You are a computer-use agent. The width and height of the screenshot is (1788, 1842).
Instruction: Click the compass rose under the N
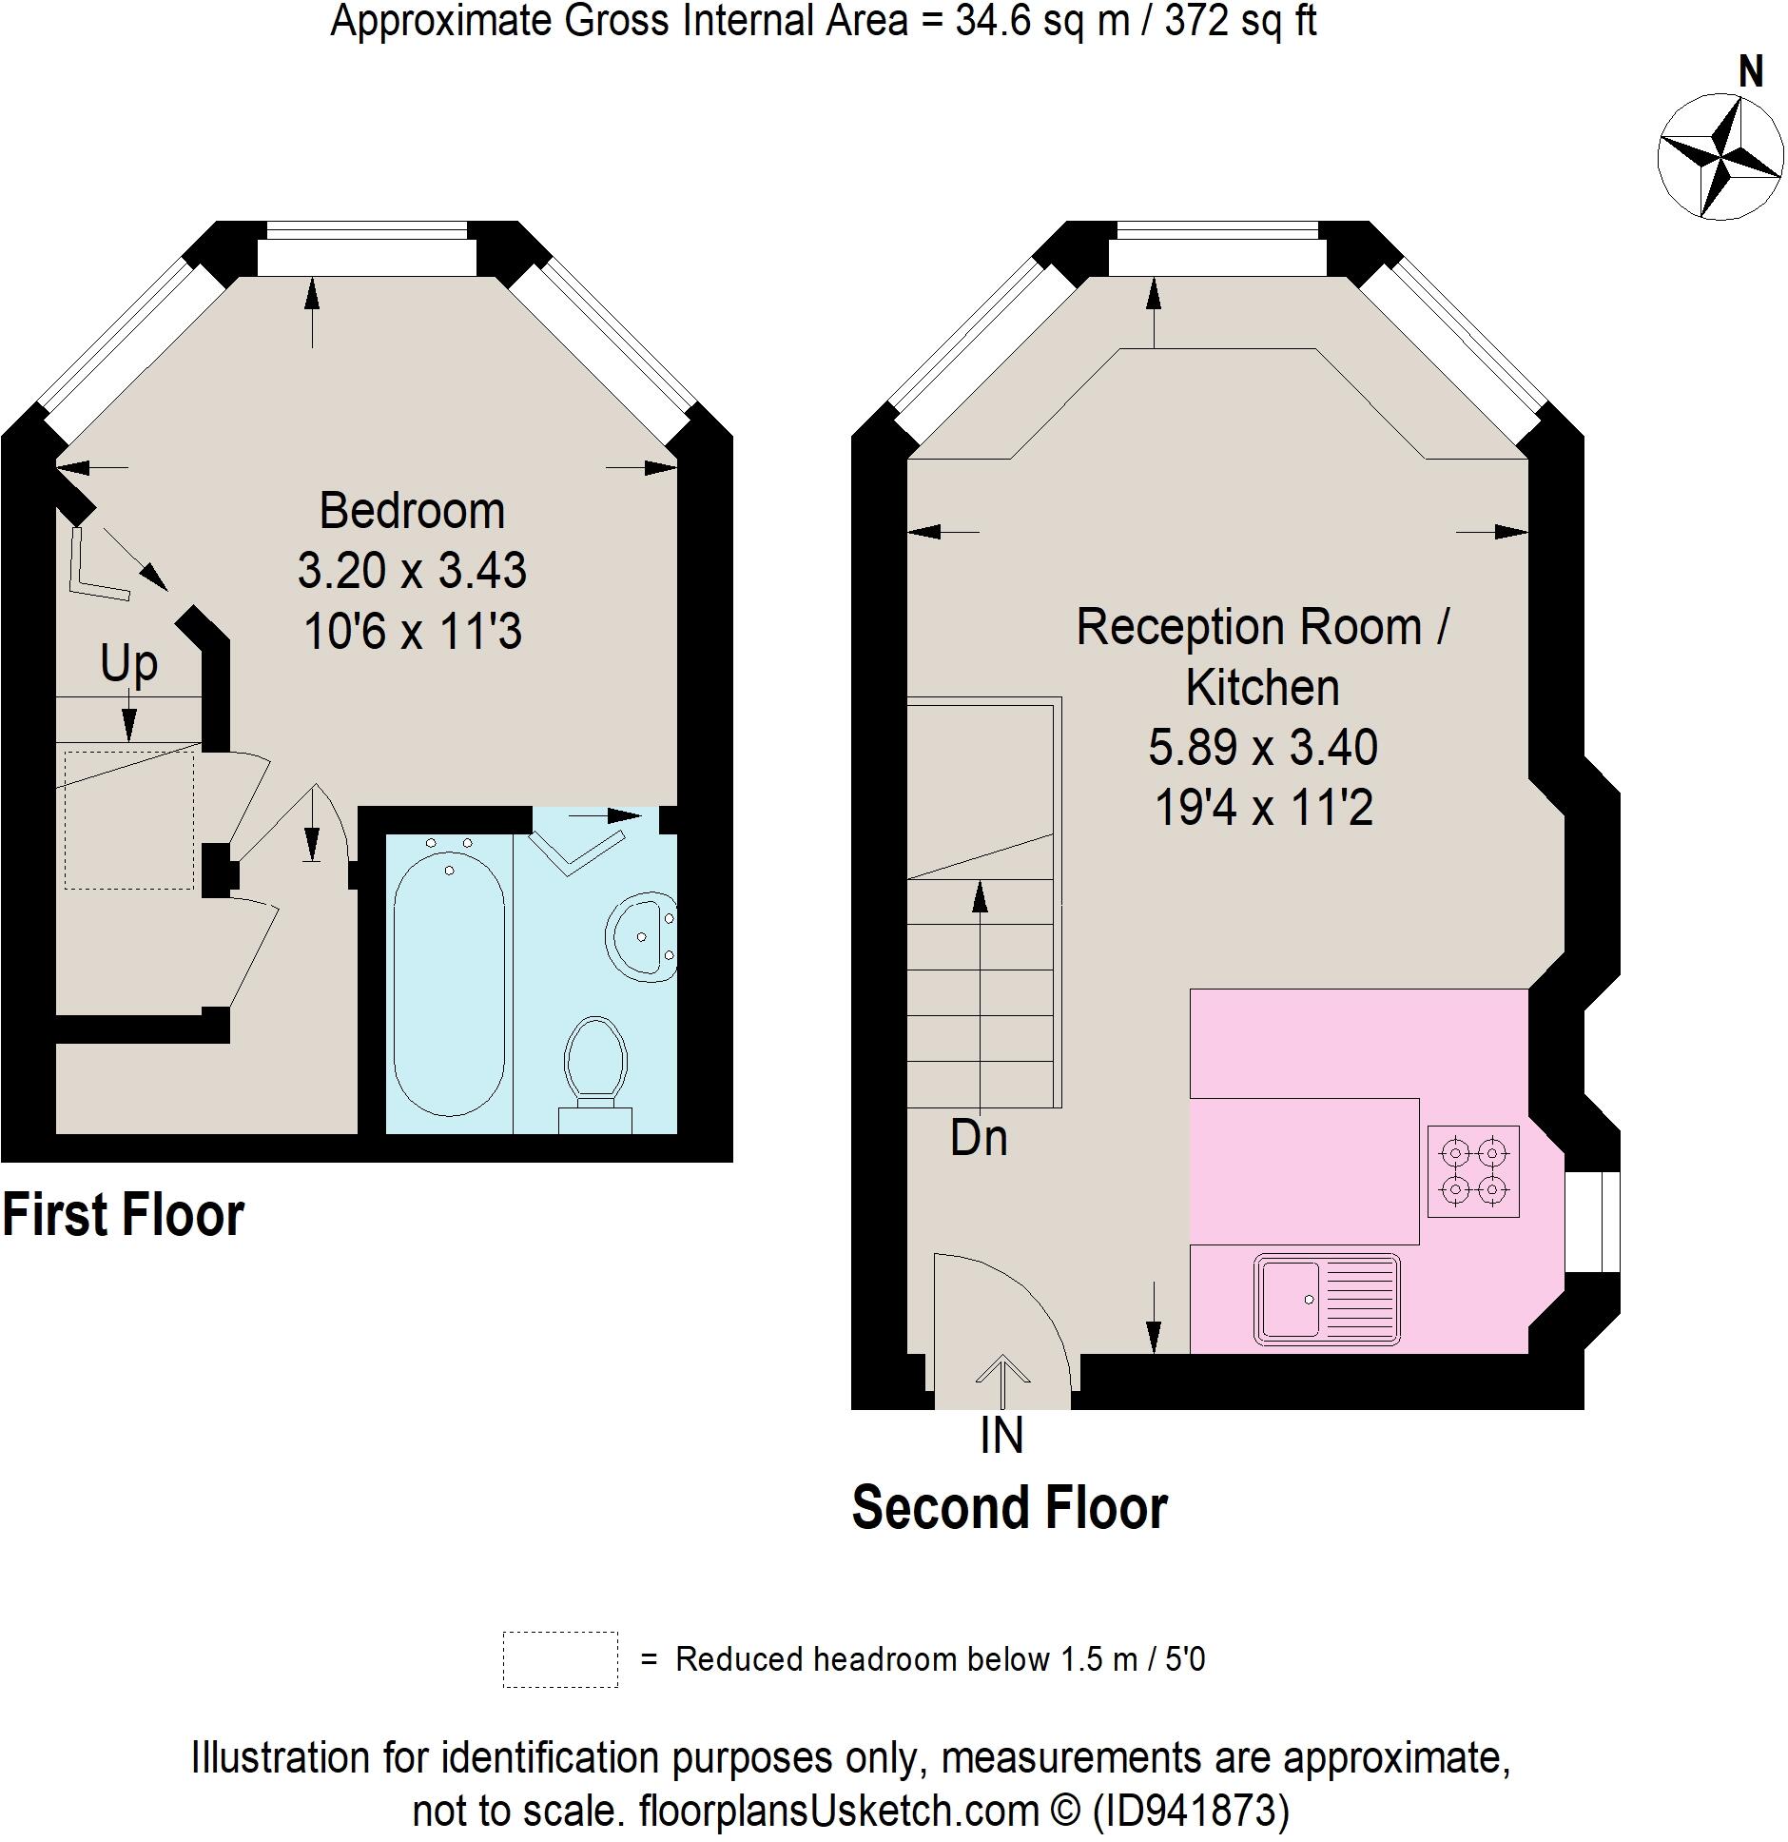click(1720, 157)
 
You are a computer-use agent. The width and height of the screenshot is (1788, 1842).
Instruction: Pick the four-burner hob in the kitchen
click(1472, 1171)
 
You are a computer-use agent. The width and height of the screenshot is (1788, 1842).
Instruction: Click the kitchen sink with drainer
click(1327, 1299)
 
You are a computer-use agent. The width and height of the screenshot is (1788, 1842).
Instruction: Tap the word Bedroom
click(412, 511)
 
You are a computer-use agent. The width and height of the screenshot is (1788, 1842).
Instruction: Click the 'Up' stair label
click(128, 663)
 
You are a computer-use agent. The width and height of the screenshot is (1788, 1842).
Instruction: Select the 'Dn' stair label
click(979, 1138)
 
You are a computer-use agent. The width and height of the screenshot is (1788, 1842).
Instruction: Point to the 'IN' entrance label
click(1001, 1436)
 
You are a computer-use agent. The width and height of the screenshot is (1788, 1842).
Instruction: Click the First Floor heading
click(124, 1215)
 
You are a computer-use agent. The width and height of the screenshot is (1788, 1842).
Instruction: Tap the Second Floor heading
click(1009, 1508)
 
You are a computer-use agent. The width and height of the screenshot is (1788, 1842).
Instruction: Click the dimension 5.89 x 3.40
click(1262, 747)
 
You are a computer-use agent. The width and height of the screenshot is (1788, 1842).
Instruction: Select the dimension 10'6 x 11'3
click(412, 631)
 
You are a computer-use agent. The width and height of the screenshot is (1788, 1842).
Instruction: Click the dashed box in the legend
click(560, 1659)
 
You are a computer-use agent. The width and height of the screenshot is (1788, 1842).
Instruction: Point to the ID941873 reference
click(1190, 1810)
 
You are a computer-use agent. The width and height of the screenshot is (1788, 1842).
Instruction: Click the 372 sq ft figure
click(1240, 21)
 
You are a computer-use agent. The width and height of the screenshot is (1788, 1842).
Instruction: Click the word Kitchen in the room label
click(1262, 687)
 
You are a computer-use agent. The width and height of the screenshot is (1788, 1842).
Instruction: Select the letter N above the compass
click(1750, 72)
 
